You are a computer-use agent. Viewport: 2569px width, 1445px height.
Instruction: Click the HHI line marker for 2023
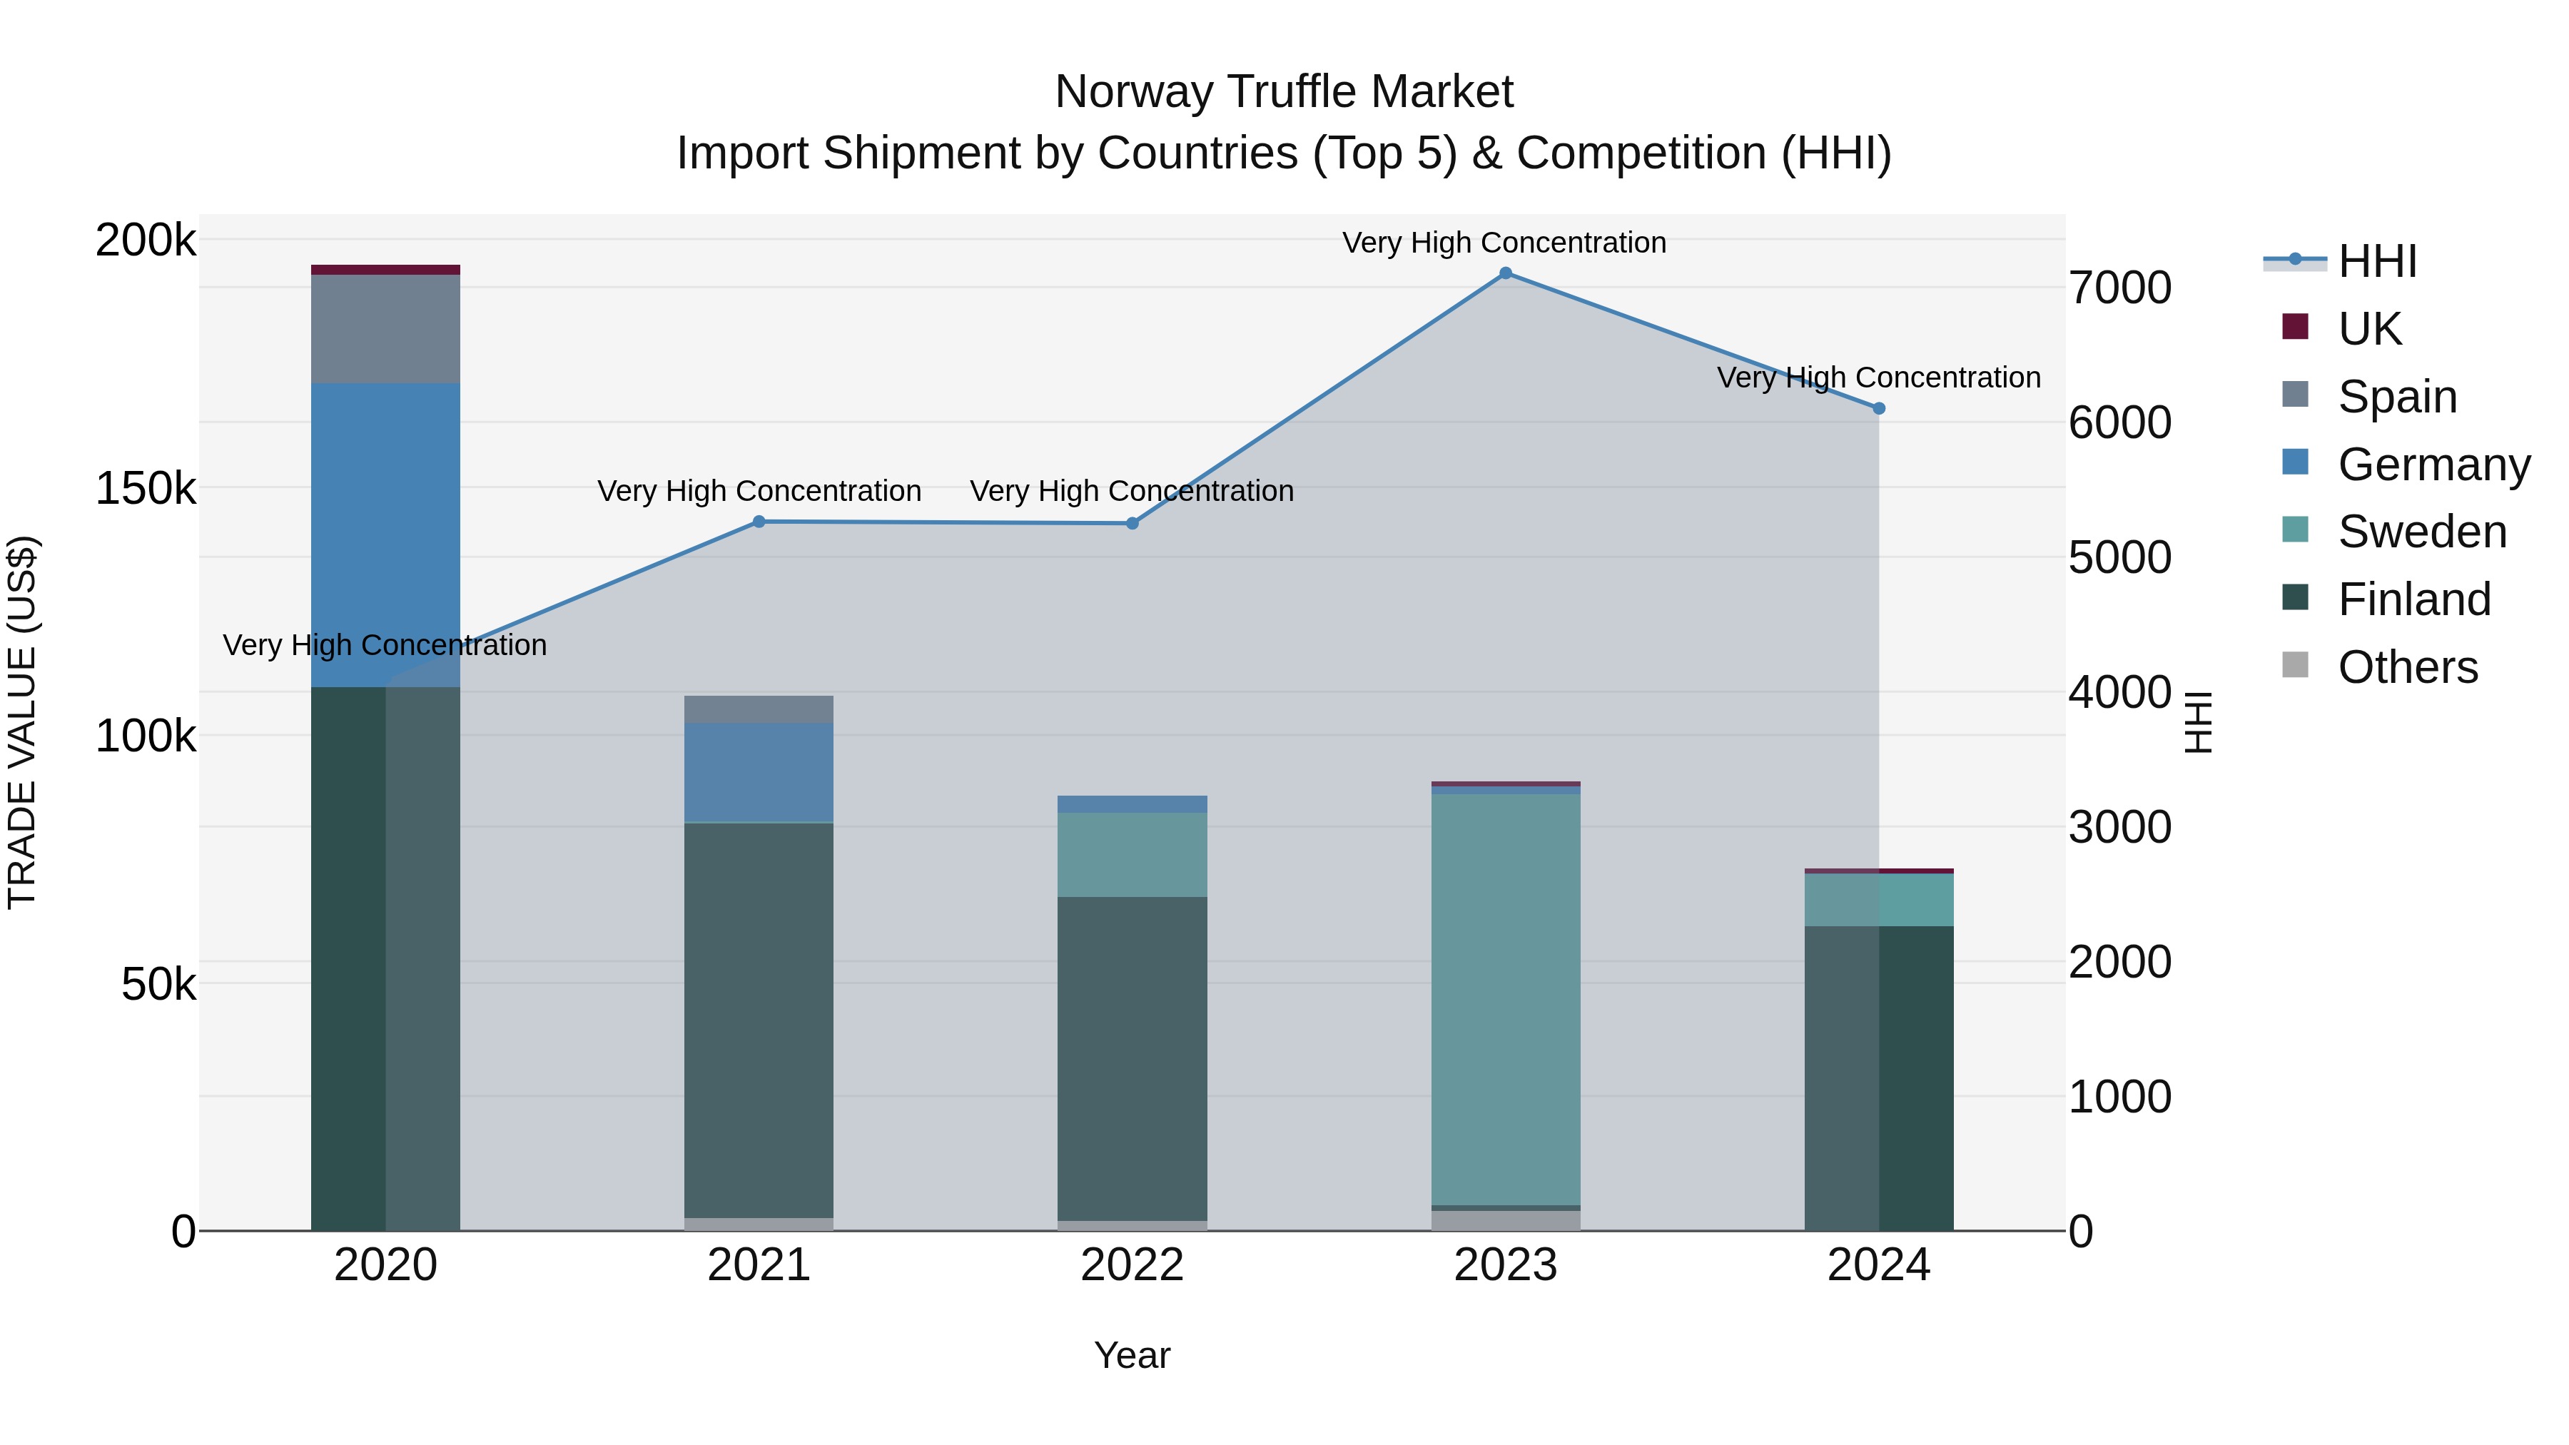coord(1505,273)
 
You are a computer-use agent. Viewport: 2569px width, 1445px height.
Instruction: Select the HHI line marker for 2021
coord(759,522)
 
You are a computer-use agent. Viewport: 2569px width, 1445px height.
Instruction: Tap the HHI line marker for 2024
coord(1879,408)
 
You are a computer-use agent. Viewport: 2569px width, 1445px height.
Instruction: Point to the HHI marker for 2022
coord(1132,524)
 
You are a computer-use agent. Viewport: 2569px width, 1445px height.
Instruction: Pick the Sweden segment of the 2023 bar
coord(1505,998)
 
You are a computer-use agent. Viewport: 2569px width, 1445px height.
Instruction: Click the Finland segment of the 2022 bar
coord(1132,1057)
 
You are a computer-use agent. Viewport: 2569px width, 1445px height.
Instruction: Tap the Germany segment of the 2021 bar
coord(759,772)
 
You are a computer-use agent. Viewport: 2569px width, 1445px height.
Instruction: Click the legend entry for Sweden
coord(2421,532)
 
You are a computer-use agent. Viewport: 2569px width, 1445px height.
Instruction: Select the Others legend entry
coord(2408,667)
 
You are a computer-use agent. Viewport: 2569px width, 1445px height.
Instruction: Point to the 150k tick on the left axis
coord(146,489)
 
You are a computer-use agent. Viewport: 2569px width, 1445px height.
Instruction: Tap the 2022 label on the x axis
coord(1132,1265)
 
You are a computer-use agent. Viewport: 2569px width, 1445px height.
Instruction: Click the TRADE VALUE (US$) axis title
coord(22,722)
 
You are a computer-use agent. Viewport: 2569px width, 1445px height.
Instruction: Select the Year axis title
coord(1132,1355)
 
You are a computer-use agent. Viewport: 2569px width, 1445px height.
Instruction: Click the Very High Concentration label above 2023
coord(1504,243)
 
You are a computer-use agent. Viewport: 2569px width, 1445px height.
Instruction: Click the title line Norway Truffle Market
coord(1284,92)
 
